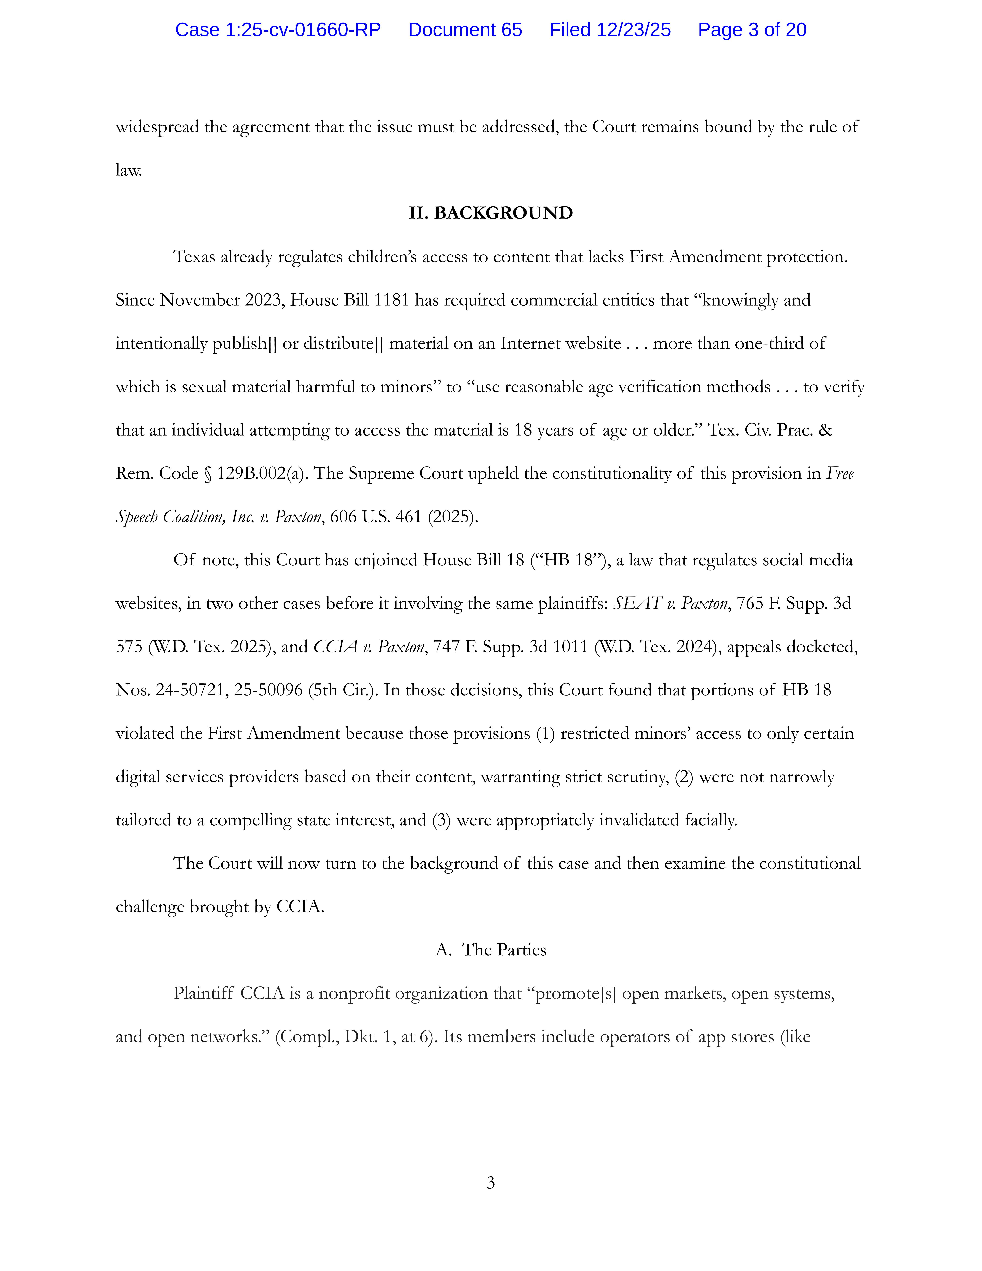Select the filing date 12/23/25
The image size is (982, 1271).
[633, 30]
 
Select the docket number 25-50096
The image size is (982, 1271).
[268, 690]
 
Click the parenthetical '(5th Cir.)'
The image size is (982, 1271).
[343, 690]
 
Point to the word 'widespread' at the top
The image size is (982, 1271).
[157, 127]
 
